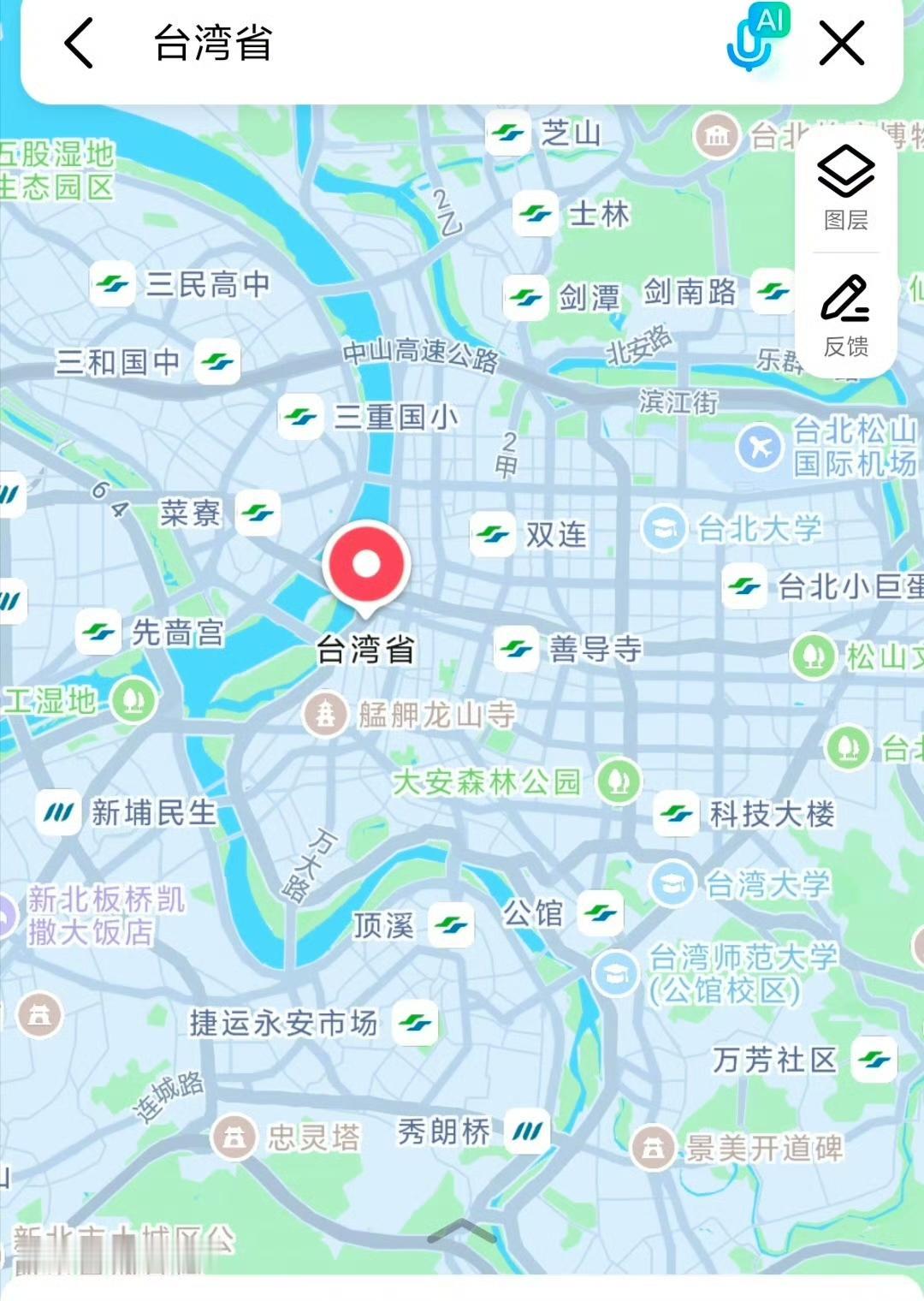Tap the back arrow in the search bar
[79, 44]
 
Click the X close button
[841, 44]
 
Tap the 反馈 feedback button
[846, 314]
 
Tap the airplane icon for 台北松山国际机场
[759, 446]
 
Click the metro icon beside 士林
[536, 213]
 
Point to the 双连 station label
[556, 535]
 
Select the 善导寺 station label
[595, 649]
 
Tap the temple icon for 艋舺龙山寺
[325, 714]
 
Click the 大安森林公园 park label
[486, 781]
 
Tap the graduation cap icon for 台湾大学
[672, 883]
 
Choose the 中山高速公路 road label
[420, 354]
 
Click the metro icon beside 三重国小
[300, 418]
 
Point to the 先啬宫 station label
[178, 633]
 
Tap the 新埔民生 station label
[154, 812]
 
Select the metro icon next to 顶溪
[450, 925]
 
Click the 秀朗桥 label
[444, 1132]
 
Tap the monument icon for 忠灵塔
[234, 1138]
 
